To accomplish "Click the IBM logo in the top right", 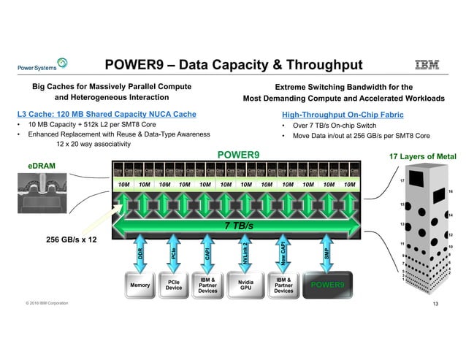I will pos(427,66).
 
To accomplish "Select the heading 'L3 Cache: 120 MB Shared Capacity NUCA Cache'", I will pos(107,114).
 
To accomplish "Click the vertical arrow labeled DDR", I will pos(140,253).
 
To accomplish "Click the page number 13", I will pos(436,304).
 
